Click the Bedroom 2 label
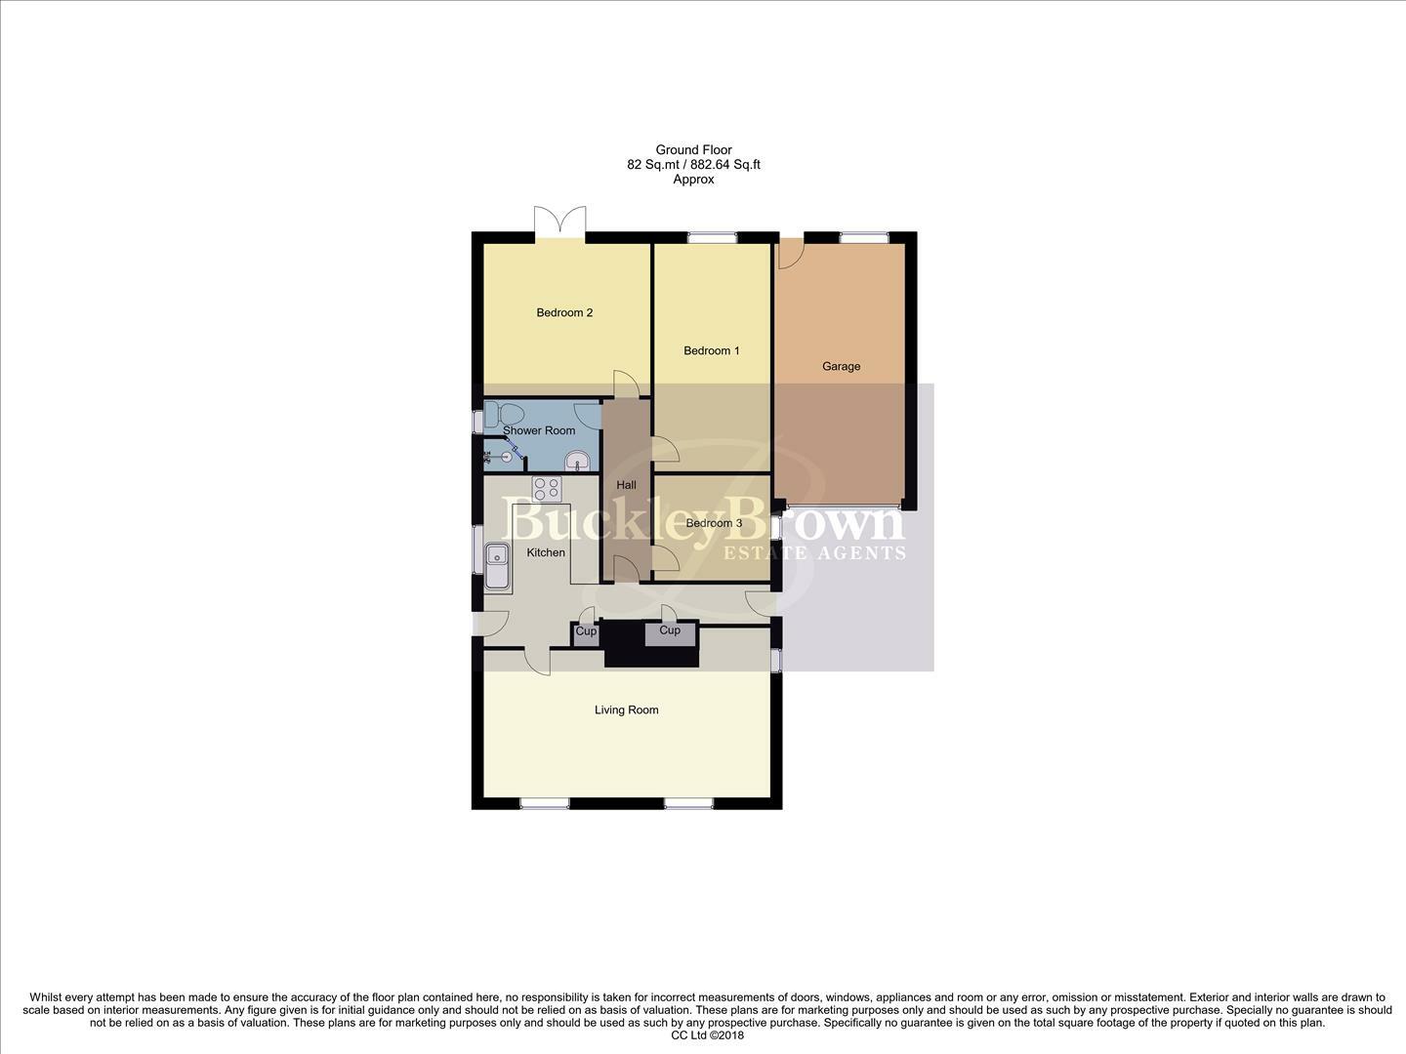(x=564, y=313)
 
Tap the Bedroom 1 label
(x=711, y=351)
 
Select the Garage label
(x=841, y=367)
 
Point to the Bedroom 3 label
(x=714, y=523)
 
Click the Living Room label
(x=626, y=710)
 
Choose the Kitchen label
(x=546, y=553)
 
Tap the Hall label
(x=626, y=485)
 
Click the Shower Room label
(x=539, y=430)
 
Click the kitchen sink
(x=497, y=566)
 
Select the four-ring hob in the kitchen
(x=547, y=488)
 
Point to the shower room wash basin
(x=577, y=460)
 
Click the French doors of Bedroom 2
(x=560, y=223)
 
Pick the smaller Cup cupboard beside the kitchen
(x=586, y=631)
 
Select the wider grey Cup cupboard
(x=670, y=632)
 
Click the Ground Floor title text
(x=693, y=150)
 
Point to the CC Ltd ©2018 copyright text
(x=708, y=1035)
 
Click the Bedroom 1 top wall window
(x=712, y=237)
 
